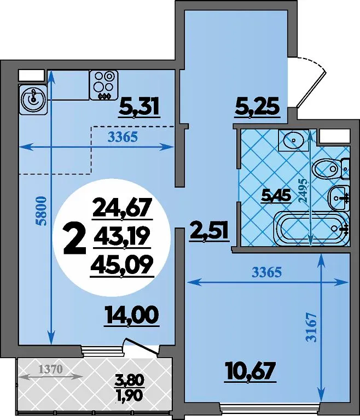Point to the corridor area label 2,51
(x=210, y=232)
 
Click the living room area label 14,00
(x=132, y=316)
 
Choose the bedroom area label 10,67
(x=251, y=370)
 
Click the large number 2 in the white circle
(x=74, y=239)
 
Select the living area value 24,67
(x=122, y=207)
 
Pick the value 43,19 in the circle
(x=120, y=236)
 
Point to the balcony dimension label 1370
(x=51, y=369)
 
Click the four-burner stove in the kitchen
(x=104, y=85)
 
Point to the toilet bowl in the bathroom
(x=326, y=170)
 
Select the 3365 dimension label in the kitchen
(x=123, y=137)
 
